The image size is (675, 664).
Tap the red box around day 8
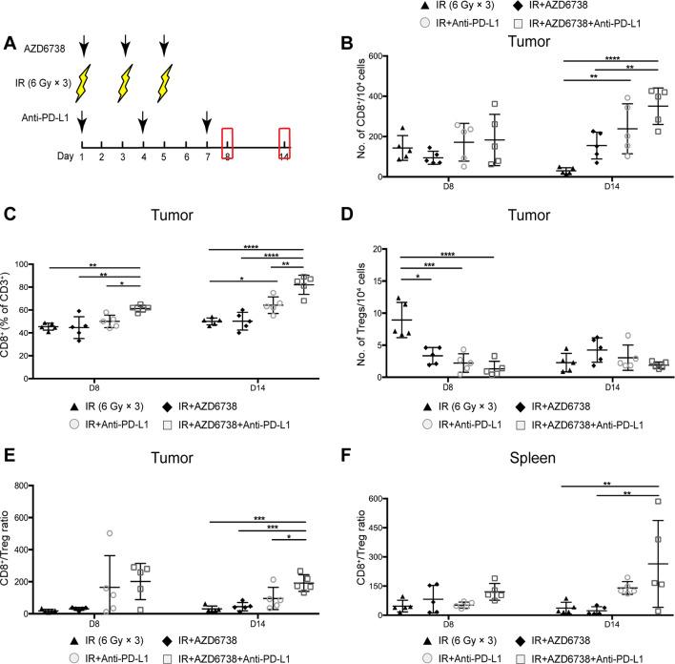[228, 143]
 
